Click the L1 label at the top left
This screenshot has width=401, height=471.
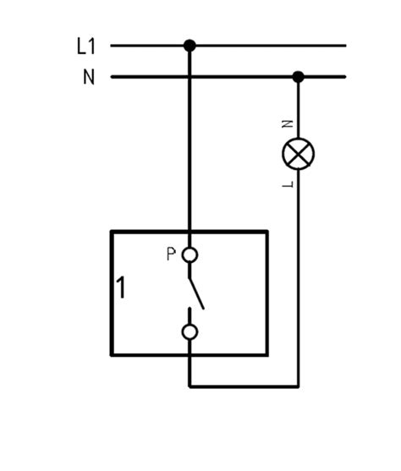click(x=86, y=46)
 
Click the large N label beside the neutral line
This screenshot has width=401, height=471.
click(x=89, y=77)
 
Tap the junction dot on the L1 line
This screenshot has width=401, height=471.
click(x=190, y=46)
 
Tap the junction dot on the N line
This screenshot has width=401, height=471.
click(x=298, y=77)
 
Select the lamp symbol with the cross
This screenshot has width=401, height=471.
click(x=298, y=154)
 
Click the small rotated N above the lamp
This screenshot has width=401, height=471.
click(x=288, y=123)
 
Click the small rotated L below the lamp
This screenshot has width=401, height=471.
click(x=288, y=184)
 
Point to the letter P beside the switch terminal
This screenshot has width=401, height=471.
click(x=171, y=254)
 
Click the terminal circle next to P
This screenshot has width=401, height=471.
click(x=190, y=255)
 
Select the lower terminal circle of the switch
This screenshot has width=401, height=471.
click(x=190, y=332)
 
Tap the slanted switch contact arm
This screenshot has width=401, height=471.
click(x=196, y=293)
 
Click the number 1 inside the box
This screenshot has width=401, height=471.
click(x=121, y=288)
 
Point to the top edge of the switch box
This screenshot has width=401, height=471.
click(x=190, y=232)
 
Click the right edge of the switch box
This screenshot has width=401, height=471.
click(x=266, y=293)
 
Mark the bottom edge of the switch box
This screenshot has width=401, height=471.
click(x=190, y=355)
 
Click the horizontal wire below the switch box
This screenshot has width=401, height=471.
click(x=244, y=386)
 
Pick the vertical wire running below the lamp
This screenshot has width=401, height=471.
click(x=298, y=278)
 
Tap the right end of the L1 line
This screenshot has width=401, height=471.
click(x=346, y=46)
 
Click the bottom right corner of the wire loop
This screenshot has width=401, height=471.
click(x=298, y=386)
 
